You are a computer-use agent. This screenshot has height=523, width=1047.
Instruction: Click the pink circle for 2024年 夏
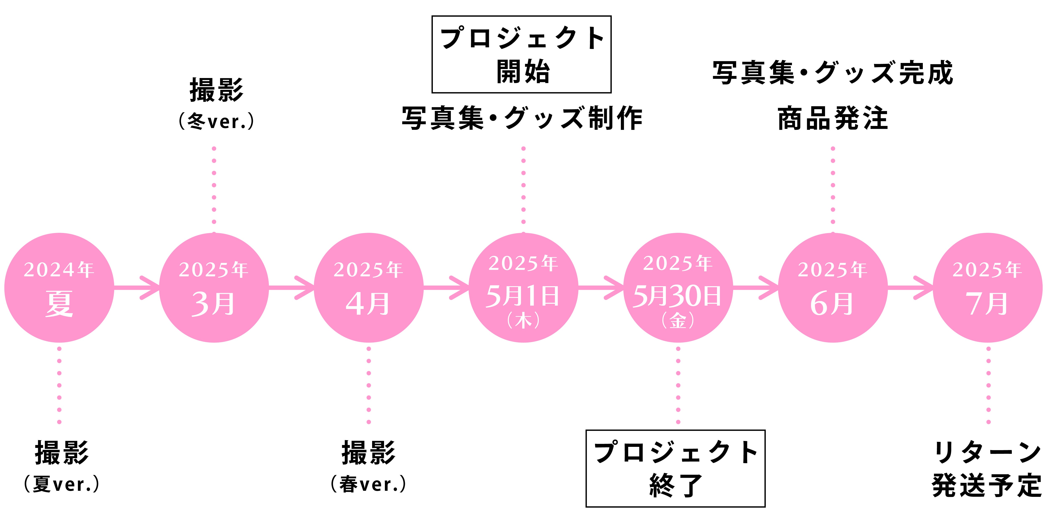pyautogui.click(x=59, y=287)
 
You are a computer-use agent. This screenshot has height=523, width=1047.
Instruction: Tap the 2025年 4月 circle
pyautogui.click(x=369, y=287)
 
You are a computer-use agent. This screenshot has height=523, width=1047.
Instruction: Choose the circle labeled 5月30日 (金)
pyautogui.click(x=678, y=287)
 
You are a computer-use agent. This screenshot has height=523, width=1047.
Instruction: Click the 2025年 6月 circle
pyautogui.click(x=833, y=287)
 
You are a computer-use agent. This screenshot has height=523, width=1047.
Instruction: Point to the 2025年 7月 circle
pyautogui.click(x=988, y=287)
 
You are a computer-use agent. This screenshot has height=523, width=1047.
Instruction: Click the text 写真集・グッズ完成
pyautogui.click(x=833, y=73)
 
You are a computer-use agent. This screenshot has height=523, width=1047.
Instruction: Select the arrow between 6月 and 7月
pyautogui.click(x=910, y=287)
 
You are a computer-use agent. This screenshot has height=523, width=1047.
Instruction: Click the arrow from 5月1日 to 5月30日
pyautogui.click(x=601, y=287)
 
